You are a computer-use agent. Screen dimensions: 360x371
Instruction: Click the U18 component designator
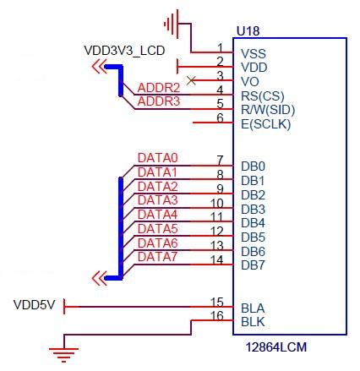click(x=248, y=31)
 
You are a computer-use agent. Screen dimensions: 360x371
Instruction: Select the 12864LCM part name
click(x=276, y=347)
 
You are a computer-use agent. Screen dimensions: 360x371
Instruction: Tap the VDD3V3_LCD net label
click(x=124, y=51)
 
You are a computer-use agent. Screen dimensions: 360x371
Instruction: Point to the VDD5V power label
click(x=35, y=305)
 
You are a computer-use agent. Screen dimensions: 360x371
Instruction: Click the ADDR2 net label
click(x=159, y=88)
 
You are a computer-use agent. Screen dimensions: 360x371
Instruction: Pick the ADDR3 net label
click(x=159, y=101)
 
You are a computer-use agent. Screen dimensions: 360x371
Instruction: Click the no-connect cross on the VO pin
click(x=191, y=80)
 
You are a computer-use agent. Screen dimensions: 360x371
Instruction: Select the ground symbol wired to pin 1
click(x=171, y=24)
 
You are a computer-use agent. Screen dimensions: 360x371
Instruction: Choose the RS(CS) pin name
click(x=263, y=96)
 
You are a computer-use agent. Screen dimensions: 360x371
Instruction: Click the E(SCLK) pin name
click(x=265, y=124)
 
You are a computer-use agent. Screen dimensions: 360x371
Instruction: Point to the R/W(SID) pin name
click(x=268, y=110)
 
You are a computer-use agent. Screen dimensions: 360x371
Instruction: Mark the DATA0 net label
click(x=158, y=158)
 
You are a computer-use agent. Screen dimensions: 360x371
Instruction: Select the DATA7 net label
click(x=157, y=257)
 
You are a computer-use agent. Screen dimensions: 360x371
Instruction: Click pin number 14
click(x=217, y=259)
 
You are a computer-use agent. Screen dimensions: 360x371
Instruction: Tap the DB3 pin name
click(x=253, y=210)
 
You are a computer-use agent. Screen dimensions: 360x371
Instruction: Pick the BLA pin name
click(x=253, y=308)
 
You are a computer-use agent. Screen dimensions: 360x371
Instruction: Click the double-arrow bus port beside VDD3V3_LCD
click(x=100, y=67)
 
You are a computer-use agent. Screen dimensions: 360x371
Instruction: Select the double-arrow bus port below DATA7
click(x=100, y=278)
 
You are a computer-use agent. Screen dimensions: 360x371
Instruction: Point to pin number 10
click(x=217, y=203)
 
